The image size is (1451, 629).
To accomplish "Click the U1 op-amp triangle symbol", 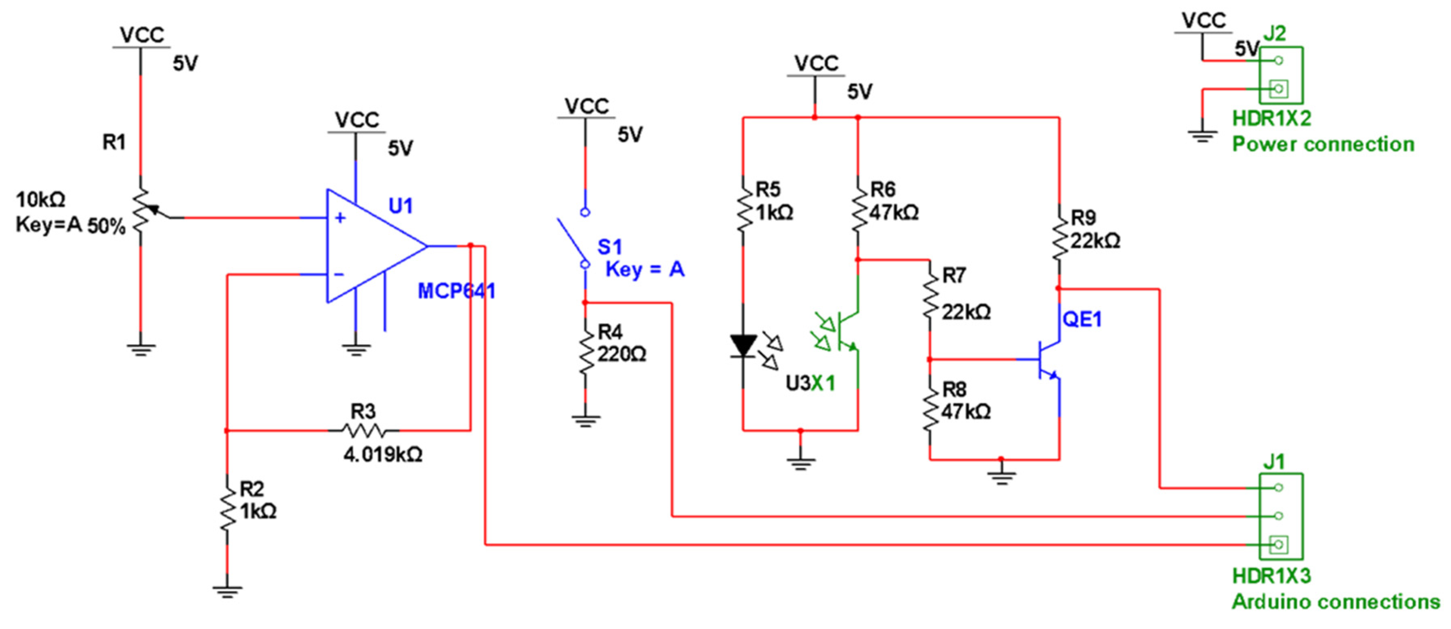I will pos(366,246).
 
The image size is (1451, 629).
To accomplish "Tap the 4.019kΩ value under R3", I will pos(383,454).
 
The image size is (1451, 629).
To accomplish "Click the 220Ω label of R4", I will pos(621,355).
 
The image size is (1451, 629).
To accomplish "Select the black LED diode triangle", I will pos(743,345).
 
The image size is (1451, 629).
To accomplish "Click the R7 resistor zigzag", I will pos(929,297).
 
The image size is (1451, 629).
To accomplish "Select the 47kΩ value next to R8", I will pos(965,412).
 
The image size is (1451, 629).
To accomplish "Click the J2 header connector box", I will pos(1280,75).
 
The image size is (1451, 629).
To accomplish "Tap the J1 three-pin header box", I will pos(1280,516).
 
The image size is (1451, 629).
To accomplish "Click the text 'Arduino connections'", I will pos(1335,602).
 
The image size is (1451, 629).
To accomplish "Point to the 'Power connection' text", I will pos(1323,144).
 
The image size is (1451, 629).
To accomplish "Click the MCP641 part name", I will pos(456,291).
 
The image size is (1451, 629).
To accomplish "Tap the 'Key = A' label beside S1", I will pos(645,270).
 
